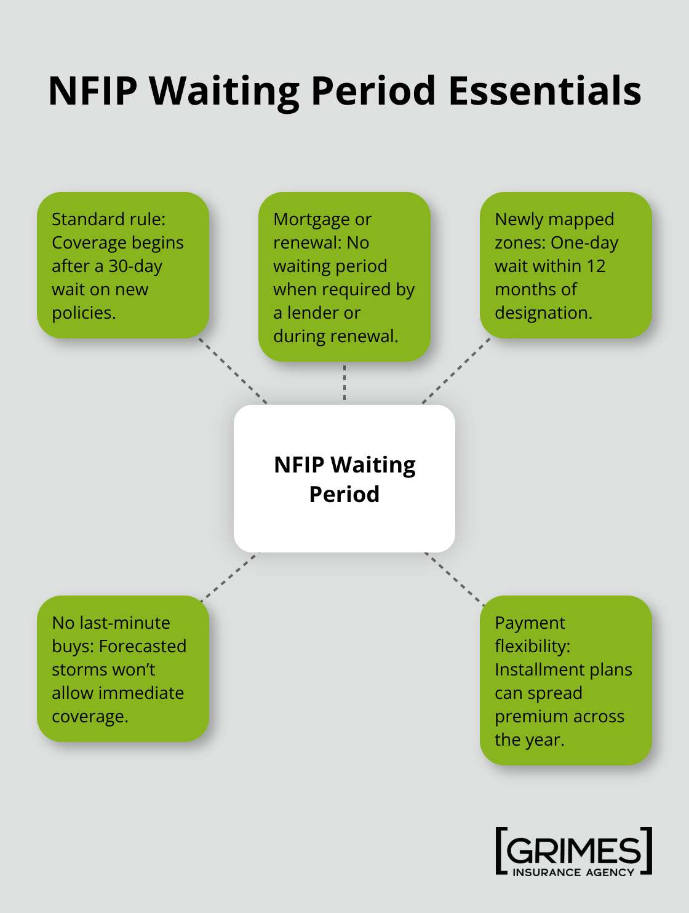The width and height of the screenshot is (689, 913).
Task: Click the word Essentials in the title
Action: click(544, 91)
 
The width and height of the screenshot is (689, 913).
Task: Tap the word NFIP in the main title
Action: click(92, 91)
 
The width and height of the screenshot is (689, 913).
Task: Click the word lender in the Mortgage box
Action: click(324, 313)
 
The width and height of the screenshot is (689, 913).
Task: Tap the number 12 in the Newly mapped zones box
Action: click(595, 266)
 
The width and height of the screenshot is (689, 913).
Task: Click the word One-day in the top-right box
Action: click(584, 243)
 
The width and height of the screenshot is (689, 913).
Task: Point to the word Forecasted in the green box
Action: click(142, 647)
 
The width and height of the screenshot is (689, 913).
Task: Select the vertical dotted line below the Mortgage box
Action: click(344, 383)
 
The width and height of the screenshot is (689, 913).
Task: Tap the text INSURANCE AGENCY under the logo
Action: click(573, 872)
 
